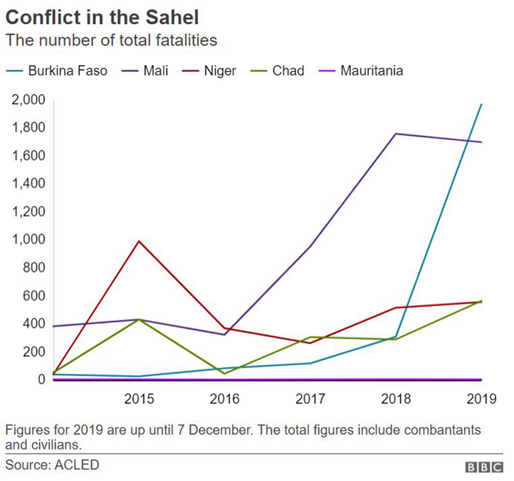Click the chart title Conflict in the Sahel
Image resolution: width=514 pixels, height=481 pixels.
(x=101, y=15)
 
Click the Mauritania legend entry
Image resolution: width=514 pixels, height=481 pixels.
(x=372, y=71)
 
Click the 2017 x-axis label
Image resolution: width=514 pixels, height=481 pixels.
(x=310, y=400)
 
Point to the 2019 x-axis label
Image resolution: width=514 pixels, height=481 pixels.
(x=481, y=400)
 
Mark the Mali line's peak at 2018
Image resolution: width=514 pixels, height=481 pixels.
(x=395, y=133)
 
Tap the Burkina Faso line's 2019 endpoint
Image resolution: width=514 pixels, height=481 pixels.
(x=481, y=104)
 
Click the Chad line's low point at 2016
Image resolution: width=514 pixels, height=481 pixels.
(x=224, y=373)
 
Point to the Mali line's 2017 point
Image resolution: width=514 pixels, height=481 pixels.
(x=310, y=246)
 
